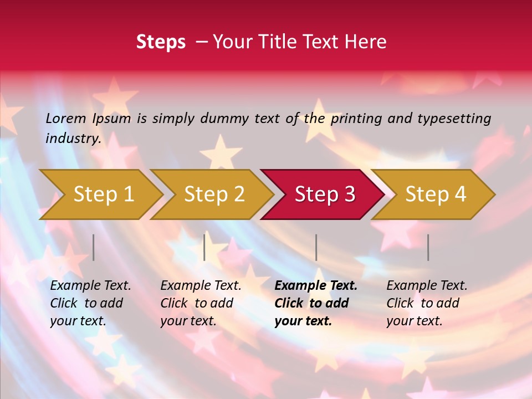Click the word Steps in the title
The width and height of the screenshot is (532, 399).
tap(161, 42)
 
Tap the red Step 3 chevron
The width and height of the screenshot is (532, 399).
tap(323, 194)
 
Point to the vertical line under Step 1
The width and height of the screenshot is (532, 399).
tap(94, 247)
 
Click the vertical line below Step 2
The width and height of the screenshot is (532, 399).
tap(204, 247)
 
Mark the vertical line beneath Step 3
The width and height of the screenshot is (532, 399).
tap(316, 247)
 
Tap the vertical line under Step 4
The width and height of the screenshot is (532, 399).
tap(428, 247)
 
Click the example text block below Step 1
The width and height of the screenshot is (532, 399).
tap(90, 303)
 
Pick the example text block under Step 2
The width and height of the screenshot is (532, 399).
tap(200, 303)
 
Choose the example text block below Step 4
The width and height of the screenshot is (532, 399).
tap(426, 303)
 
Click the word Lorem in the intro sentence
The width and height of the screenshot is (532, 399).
tap(66, 118)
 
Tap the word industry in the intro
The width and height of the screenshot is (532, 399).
tap(73, 139)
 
